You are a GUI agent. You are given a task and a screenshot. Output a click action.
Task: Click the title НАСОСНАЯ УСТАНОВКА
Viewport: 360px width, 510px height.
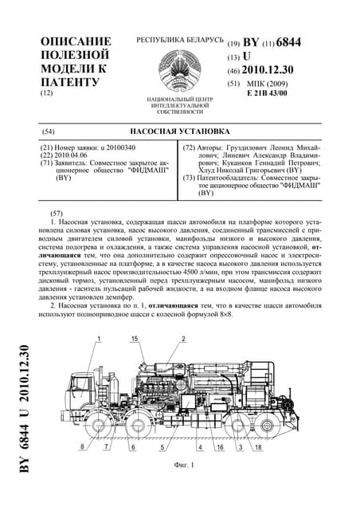click(178, 129)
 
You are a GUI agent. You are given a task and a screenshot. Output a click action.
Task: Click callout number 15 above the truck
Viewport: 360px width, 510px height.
click(135, 339)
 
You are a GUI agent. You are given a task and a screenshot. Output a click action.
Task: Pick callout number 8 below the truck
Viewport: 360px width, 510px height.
click(81, 448)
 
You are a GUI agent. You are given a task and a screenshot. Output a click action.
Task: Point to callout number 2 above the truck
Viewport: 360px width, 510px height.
click(183, 339)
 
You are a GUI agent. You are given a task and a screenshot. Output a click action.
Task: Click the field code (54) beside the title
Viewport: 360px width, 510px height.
click(48, 129)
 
